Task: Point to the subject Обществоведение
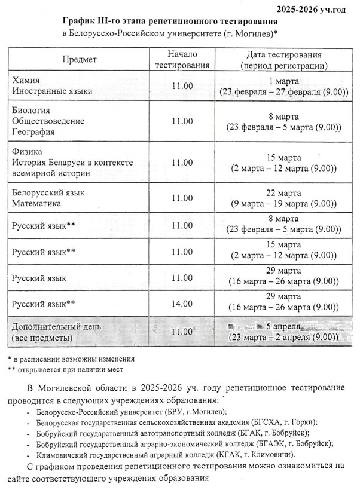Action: [x=48, y=121]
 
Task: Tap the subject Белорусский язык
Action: [x=48, y=193]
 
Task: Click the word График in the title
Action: [x=80, y=21]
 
